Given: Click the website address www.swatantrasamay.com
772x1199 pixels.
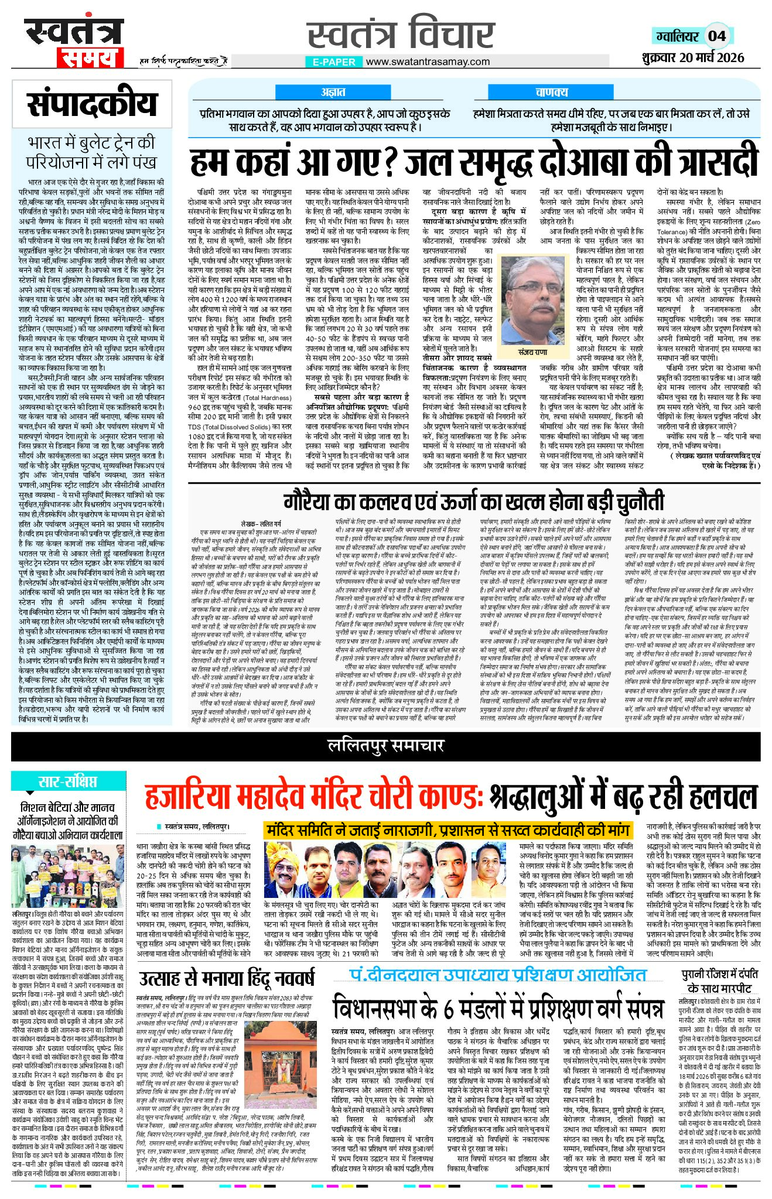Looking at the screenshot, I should click(x=427, y=62).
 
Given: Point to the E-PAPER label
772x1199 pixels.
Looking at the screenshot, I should click(x=334, y=62).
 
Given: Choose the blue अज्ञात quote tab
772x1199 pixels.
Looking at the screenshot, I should click(x=333, y=92).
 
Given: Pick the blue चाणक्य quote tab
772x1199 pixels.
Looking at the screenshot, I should click(x=551, y=92).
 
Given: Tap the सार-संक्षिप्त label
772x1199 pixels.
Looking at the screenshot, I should click(x=67, y=781).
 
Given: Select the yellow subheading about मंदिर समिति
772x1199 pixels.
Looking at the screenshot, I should click(x=448, y=830).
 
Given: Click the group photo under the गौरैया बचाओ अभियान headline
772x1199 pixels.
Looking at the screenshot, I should click(x=67, y=876).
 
